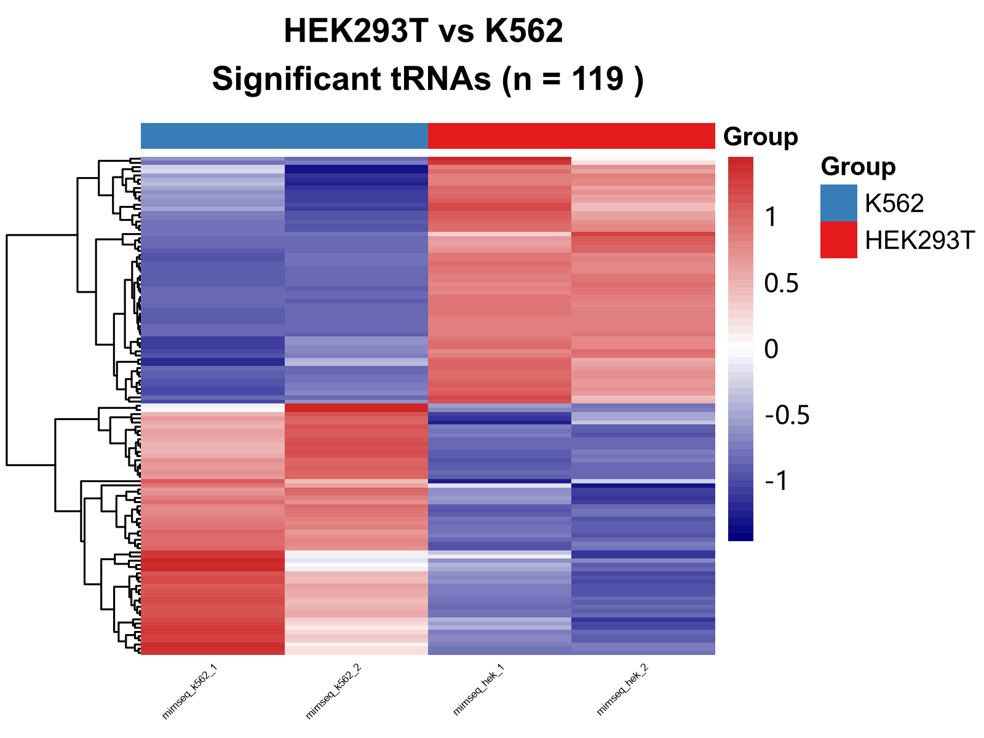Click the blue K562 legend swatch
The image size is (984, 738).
point(838,203)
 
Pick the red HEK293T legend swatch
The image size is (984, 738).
point(838,240)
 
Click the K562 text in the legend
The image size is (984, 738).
point(894,204)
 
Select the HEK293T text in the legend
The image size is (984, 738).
point(920,240)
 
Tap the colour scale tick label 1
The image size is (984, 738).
point(771,217)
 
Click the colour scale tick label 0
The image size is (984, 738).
point(771,349)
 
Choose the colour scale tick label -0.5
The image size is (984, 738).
point(787,416)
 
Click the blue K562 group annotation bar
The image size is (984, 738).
point(284,136)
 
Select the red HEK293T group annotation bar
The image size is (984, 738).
point(571,136)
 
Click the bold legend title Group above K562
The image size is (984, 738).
point(858,167)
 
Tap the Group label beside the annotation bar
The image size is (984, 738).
point(761,137)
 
